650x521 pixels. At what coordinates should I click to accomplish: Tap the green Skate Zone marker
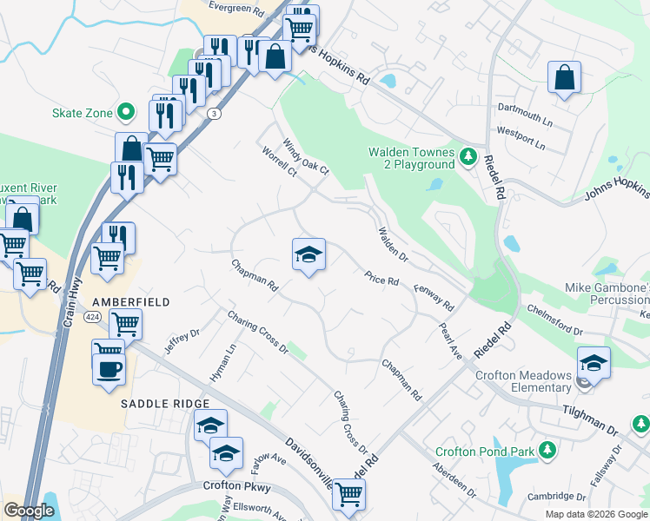(x=125, y=111)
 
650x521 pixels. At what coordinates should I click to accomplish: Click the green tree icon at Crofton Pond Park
(x=547, y=450)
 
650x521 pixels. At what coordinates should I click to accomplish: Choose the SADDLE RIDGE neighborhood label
(x=165, y=404)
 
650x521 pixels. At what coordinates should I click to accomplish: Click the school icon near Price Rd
(x=308, y=254)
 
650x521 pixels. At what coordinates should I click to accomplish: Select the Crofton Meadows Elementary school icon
(x=594, y=361)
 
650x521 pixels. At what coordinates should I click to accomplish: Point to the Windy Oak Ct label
(x=305, y=155)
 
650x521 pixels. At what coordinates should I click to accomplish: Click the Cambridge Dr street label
(x=557, y=497)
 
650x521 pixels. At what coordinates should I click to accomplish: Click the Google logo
(x=29, y=511)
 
